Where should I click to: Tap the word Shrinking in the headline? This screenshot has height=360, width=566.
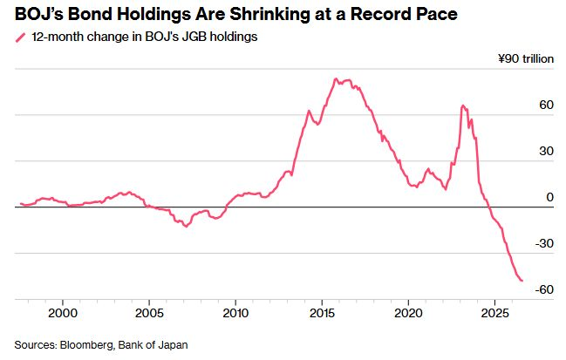point(269,15)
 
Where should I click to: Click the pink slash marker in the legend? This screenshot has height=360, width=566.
point(21,37)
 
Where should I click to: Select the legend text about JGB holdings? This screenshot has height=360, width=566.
point(145,37)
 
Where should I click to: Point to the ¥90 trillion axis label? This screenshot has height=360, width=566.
point(526,58)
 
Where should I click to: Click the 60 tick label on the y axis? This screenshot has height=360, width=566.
point(547,105)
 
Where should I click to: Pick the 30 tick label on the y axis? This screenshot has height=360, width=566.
point(547,151)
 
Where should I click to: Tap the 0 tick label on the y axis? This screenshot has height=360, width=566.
point(550,197)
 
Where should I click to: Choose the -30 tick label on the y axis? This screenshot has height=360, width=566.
point(544,243)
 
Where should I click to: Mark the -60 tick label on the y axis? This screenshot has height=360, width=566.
point(544,289)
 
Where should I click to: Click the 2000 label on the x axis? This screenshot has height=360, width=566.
point(63,313)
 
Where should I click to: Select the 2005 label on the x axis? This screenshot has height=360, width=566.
point(149,313)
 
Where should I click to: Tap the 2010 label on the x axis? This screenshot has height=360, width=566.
point(235,313)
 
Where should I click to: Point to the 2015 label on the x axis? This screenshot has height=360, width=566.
point(322,313)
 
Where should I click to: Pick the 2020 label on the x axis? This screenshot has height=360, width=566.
point(408,313)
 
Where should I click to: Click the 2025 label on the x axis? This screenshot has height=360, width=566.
point(494,313)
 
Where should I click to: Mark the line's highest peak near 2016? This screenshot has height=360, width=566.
point(336,78)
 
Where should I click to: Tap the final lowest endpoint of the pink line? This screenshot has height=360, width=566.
point(522,281)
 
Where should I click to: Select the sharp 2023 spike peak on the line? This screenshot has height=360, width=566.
point(462,105)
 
